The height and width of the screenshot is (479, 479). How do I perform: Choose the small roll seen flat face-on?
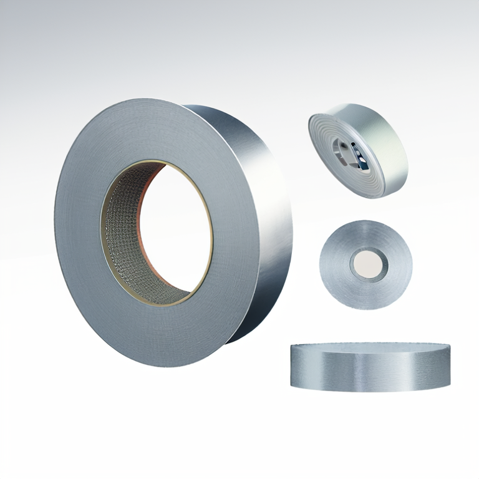[x=365, y=264]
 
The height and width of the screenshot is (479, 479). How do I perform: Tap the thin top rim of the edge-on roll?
[x=370, y=345]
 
